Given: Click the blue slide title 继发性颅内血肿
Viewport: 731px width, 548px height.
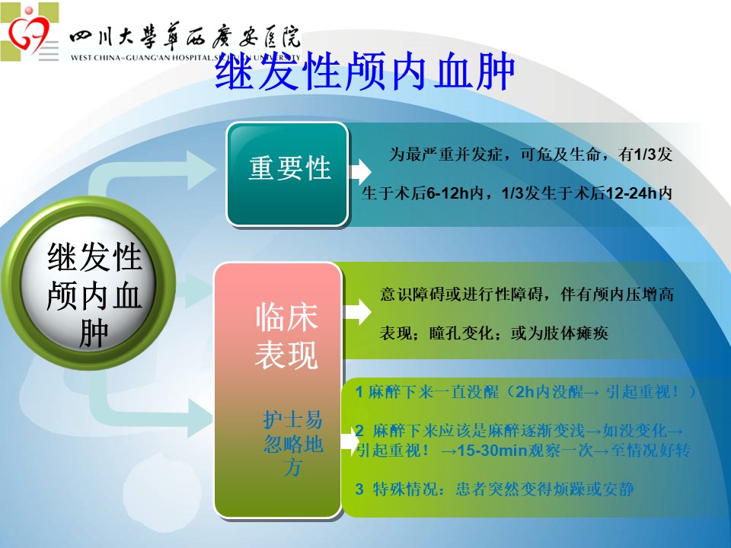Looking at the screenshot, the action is click(x=365, y=72).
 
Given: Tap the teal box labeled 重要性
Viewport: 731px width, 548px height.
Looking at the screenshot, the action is click(x=288, y=174).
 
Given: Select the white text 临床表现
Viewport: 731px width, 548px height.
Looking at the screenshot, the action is click(x=287, y=336).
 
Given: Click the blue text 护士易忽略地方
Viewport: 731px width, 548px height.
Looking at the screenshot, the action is click(x=292, y=443).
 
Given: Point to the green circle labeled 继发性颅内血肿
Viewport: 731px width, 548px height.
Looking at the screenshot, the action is click(x=88, y=283).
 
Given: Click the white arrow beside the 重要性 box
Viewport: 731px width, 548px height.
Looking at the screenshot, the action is click(x=360, y=171).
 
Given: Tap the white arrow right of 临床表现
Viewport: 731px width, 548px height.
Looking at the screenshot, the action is click(x=358, y=312).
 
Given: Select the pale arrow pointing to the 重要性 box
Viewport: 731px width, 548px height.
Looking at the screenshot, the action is click(x=149, y=175).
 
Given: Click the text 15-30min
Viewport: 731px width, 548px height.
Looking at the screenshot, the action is click(x=492, y=451).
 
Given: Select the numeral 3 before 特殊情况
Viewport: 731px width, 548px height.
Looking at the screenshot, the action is click(x=359, y=489).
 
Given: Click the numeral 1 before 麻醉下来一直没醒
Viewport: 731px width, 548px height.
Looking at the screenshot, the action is click(x=359, y=392).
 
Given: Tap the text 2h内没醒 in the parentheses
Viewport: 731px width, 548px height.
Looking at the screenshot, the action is click(x=549, y=392).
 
